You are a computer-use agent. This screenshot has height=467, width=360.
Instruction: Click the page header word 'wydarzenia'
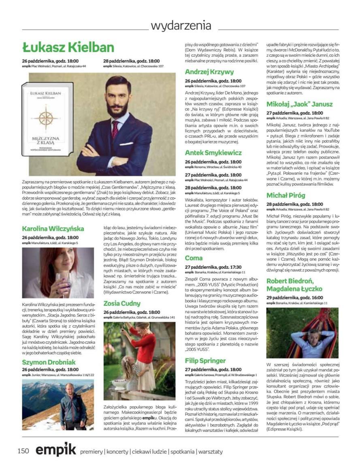pos(181,26)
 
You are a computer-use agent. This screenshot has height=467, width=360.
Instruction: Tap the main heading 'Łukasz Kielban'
pos(68,47)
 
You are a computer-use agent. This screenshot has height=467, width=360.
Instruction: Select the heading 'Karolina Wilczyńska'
pos(53,228)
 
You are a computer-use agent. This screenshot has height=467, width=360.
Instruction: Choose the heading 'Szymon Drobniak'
pos(49,362)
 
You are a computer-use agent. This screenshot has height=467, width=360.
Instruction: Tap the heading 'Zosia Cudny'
pos(122,303)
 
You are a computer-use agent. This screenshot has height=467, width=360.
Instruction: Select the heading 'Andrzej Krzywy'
pos(209,72)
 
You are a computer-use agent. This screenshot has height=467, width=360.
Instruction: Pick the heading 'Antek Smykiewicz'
pos(213,153)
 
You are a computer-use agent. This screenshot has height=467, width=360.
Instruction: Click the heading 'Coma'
pos(194,258)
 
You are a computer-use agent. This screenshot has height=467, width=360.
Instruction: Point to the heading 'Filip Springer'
pos(205,360)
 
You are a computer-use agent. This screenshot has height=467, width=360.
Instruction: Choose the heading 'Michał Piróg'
pos(285,195)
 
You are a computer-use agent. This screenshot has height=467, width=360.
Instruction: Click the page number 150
pos(23,451)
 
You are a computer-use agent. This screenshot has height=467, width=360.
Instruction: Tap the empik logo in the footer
pos(56,450)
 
